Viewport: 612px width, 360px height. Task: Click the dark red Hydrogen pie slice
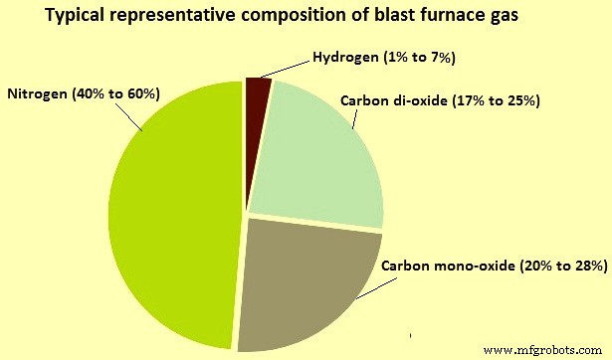point(257,92)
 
